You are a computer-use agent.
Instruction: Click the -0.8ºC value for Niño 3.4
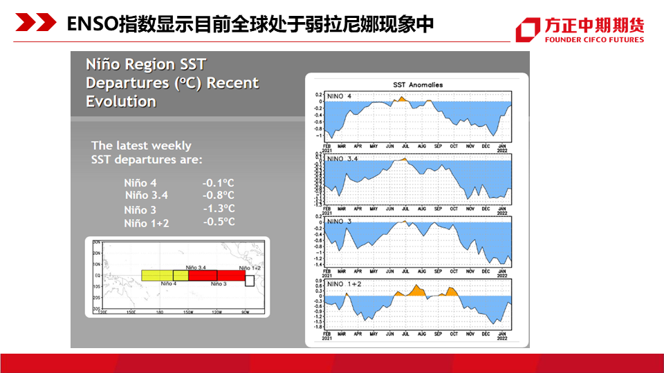tap(218, 195)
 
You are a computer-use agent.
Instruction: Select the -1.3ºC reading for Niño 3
tap(219, 209)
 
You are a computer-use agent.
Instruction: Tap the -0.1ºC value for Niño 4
tap(218, 183)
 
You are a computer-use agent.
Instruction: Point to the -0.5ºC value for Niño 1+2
tap(219, 222)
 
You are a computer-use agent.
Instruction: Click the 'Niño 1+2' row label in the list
tap(147, 223)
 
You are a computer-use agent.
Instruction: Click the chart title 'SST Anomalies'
tap(418, 85)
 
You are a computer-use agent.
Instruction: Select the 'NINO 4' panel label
tap(339, 96)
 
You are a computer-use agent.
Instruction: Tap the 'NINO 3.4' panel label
tap(342, 159)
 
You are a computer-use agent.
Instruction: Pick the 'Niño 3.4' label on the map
tap(196, 267)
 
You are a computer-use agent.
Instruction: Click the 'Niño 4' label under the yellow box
tap(169, 284)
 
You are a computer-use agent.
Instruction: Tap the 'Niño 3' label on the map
tap(219, 284)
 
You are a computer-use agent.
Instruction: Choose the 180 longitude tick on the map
tap(160, 312)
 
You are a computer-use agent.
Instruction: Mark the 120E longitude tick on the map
tap(104, 312)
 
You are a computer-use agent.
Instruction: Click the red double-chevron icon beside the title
tap(36, 24)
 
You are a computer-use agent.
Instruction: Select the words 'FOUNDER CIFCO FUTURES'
tap(594, 40)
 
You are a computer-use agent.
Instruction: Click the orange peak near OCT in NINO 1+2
tap(452, 291)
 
